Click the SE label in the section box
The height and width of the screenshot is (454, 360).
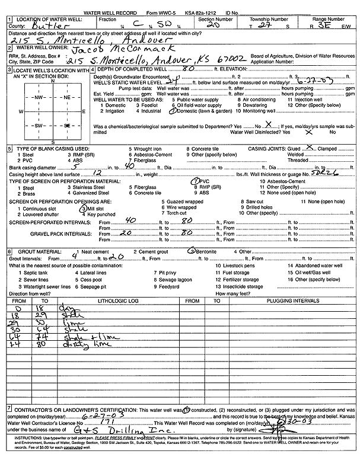(67, 126)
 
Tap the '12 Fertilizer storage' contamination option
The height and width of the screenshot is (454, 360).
(237, 279)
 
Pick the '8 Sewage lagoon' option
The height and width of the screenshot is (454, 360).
(174, 279)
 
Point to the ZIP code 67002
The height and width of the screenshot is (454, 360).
(256, 60)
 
